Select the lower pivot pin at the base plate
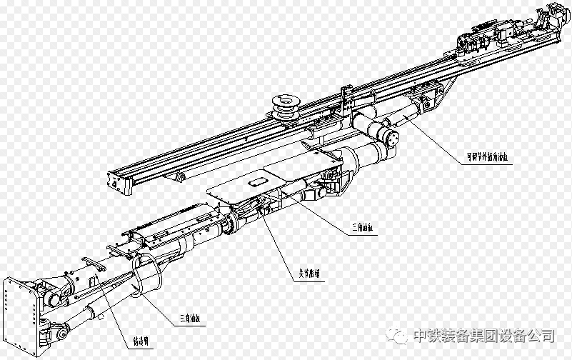click(61, 332)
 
